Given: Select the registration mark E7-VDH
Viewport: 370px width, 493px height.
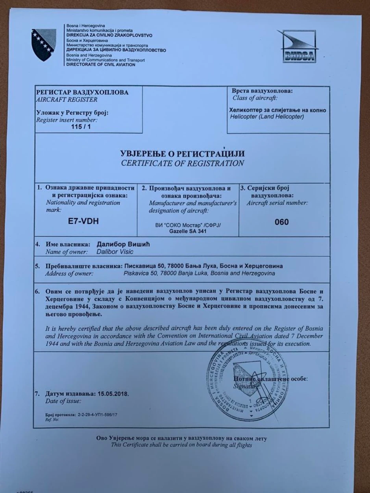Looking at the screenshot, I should [x=83, y=221].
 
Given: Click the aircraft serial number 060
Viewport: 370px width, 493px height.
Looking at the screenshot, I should [x=281, y=222].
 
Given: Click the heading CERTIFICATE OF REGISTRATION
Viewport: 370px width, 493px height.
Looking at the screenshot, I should [x=182, y=163].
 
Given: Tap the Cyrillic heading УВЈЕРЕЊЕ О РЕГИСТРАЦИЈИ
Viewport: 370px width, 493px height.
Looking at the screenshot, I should [x=182, y=153].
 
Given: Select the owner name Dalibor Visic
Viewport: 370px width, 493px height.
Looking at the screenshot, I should [x=115, y=252].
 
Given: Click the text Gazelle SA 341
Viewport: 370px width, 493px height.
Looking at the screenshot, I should [x=188, y=231].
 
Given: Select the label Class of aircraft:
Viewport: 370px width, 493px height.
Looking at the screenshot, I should [x=255, y=98].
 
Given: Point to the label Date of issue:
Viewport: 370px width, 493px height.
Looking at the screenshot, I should [x=63, y=401].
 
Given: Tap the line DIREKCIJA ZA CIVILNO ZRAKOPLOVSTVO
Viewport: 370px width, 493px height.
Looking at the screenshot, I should [x=109, y=35].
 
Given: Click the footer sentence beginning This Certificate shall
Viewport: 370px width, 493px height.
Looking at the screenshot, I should [x=181, y=445].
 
